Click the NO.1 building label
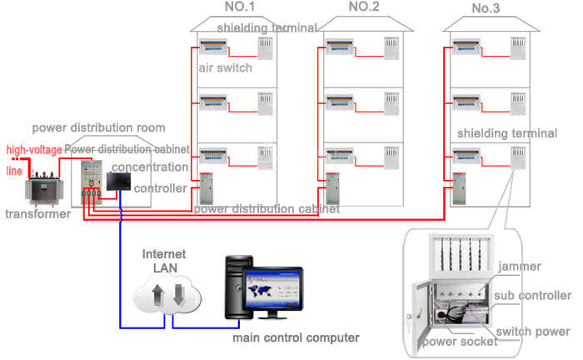pyautogui.click(x=240, y=7)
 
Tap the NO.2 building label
pyautogui.click(x=364, y=7)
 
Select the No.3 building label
pyautogui.click(x=486, y=8)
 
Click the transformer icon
pyautogui.click(x=44, y=187)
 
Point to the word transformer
pyautogui.click(x=38, y=214)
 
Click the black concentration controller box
pyautogui.click(x=118, y=182)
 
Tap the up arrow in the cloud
pyautogui.click(x=157, y=295)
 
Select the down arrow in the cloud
pyautogui.click(x=179, y=295)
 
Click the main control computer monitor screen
pyautogui.click(x=272, y=290)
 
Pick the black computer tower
pyautogui.click(x=238, y=287)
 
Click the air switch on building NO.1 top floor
pyautogui.click(x=213, y=47)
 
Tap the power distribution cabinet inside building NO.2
pyautogui.click(x=332, y=188)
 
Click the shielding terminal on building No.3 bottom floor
pyautogui.click(x=518, y=157)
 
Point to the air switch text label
pyautogui.click(x=226, y=68)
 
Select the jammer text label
pyautogui.click(x=520, y=267)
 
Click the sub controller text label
pyautogui.click(x=532, y=296)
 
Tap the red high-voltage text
pyautogui.click(x=34, y=150)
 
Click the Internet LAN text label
pyautogui.click(x=164, y=261)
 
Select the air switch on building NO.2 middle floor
pyautogui.click(x=340, y=102)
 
